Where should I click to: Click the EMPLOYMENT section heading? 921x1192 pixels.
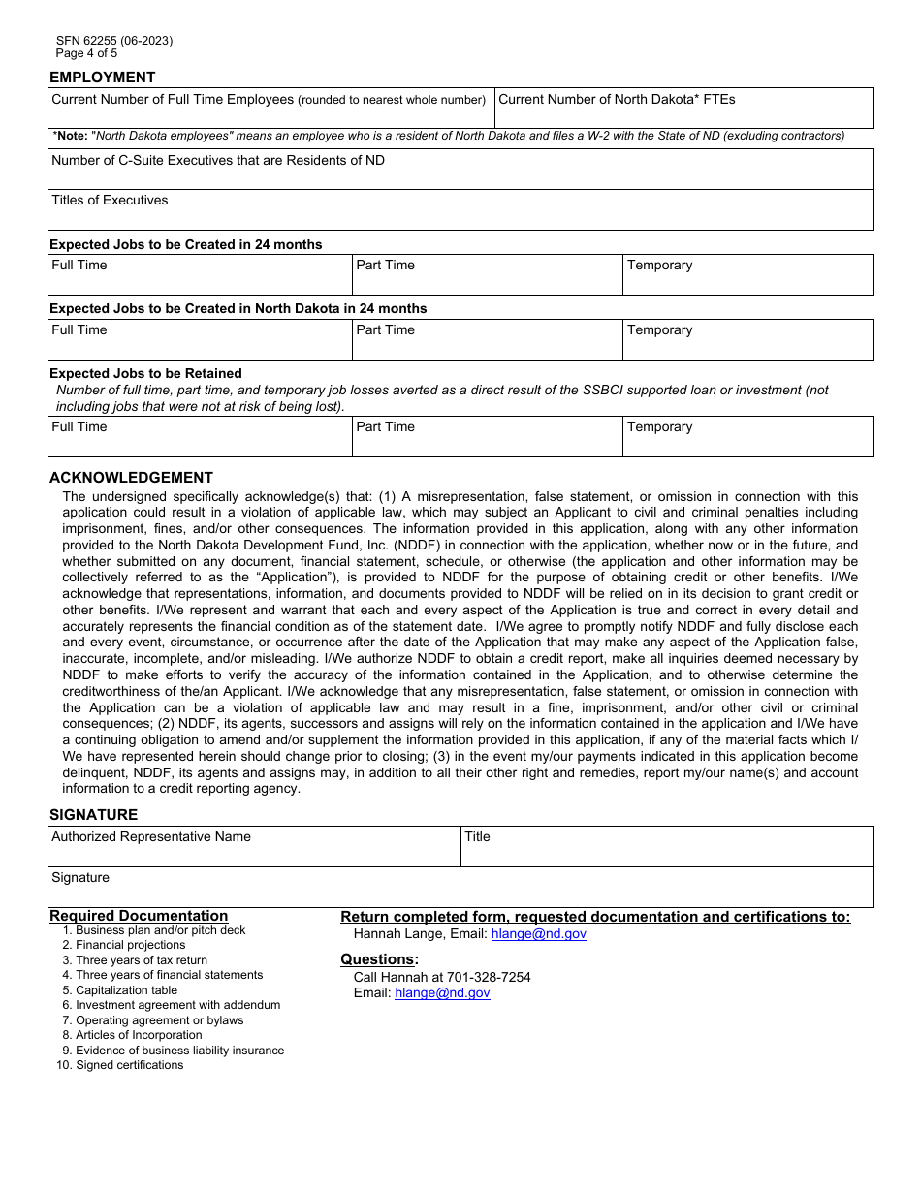click(x=102, y=78)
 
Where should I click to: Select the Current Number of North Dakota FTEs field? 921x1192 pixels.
click(x=683, y=109)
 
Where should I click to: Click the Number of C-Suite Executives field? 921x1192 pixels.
click(x=460, y=170)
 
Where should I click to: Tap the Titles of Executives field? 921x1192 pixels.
click(x=460, y=210)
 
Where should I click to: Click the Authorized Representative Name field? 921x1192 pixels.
click(x=254, y=847)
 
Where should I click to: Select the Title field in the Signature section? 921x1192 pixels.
click(x=667, y=847)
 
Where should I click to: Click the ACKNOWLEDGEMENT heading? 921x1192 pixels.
click(x=131, y=478)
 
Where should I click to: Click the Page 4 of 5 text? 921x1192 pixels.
click(x=86, y=53)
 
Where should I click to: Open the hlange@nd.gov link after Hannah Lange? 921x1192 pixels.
click(x=538, y=934)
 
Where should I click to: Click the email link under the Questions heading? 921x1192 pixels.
click(x=442, y=993)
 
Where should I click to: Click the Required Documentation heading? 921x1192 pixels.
click(x=139, y=916)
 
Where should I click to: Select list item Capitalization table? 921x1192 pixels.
click(x=126, y=990)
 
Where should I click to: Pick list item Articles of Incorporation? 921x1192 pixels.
click(x=139, y=1035)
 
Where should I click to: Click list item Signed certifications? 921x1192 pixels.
click(x=129, y=1065)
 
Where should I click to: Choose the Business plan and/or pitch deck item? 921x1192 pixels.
click(x=160, y=930)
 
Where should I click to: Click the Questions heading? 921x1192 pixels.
click(x=379, y=959)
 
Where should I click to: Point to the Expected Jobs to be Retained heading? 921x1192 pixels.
click(x=145, y=374)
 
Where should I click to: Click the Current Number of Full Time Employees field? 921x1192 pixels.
click(x=271, y=109)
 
